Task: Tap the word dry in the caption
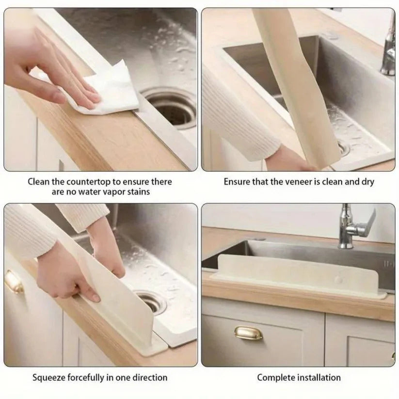coord(367,182)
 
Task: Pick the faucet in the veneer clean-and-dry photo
coord(389,48)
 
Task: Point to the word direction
coord(149,377)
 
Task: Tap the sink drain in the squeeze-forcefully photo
coord(151,302)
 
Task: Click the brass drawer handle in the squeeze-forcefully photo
coord(14,282)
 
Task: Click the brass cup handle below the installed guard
coord(248,333)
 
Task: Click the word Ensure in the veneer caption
coord(236,182)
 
